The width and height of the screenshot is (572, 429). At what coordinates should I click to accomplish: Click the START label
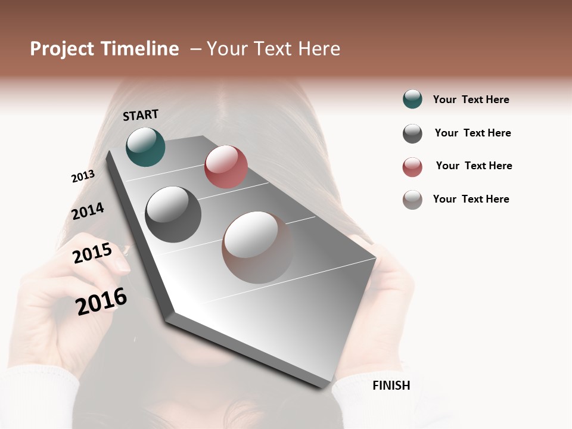click(x=141, y=115)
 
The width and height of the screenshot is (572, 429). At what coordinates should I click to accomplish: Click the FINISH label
click(x=391, y=386)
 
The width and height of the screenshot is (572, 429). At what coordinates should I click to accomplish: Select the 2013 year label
click(x=83, y=176)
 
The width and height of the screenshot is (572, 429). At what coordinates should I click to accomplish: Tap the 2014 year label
click(x=88, y=212)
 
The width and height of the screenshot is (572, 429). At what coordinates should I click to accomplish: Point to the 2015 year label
click(x=92, y=253)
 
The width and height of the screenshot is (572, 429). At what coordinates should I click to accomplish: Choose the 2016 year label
click(x=101, y=301)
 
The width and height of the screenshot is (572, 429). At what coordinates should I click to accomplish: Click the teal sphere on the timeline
click(x=145, y=147)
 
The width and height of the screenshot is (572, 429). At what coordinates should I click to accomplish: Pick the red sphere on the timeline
click(x=226, y=167)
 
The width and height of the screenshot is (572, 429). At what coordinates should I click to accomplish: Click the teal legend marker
click(x=412, y=99)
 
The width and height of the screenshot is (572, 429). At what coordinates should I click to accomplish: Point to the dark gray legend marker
click(x=412, y=133)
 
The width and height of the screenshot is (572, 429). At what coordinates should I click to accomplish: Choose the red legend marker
click(x=412, y=167)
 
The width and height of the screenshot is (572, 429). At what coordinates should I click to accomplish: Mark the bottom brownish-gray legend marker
click(x=412, y=200)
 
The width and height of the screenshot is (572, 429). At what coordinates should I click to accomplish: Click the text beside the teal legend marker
click(x=471, y=100)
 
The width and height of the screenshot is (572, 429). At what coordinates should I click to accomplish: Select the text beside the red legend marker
click(x=474, y=166)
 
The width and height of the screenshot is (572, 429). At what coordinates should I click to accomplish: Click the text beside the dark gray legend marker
click(x=472, y=133)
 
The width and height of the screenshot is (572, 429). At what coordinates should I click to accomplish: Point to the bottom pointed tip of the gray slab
click(x=323, y=387)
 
